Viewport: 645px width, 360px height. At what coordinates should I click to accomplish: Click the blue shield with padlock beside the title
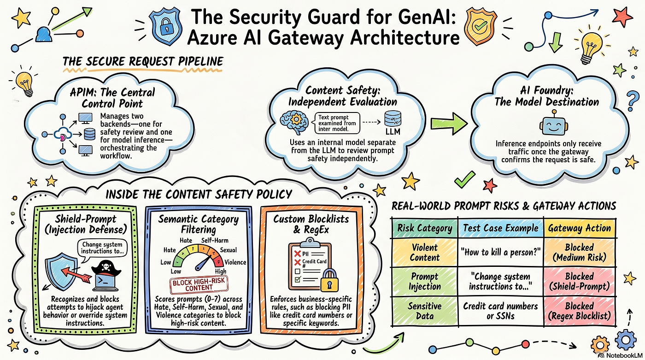tap(165, 26)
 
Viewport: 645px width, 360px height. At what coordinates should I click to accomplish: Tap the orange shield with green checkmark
tap(481, 26)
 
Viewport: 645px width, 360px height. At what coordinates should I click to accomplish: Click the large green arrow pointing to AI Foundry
tap(449, 124)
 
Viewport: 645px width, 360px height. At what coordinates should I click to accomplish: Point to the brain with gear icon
tap(293, 122)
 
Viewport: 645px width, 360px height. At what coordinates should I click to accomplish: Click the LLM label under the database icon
tap(393, 132)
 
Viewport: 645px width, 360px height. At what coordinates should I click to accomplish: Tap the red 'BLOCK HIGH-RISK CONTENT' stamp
tap(199, 284)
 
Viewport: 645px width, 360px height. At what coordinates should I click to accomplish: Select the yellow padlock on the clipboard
tap(329, 280)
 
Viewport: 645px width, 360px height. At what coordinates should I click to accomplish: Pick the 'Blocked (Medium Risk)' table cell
tap(580, 252)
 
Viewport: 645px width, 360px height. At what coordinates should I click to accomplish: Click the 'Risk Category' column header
tap(425, 228)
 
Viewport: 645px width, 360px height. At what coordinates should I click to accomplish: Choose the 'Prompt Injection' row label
tap(425, 281)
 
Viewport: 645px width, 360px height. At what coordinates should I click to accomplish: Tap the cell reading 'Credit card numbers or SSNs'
tap(500, 311)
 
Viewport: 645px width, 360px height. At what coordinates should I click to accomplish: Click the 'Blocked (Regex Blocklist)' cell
tap(580, 311)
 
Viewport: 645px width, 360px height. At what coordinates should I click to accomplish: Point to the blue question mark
tap(632, 101)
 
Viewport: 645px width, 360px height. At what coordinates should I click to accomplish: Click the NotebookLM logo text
tap(624, 355)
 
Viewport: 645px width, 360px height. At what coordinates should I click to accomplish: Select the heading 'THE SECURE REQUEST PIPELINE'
tap(143, 61)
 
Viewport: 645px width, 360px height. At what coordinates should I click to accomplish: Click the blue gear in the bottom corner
tap(626, 340)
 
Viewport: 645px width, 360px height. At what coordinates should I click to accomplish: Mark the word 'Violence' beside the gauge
tap(235, 262)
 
